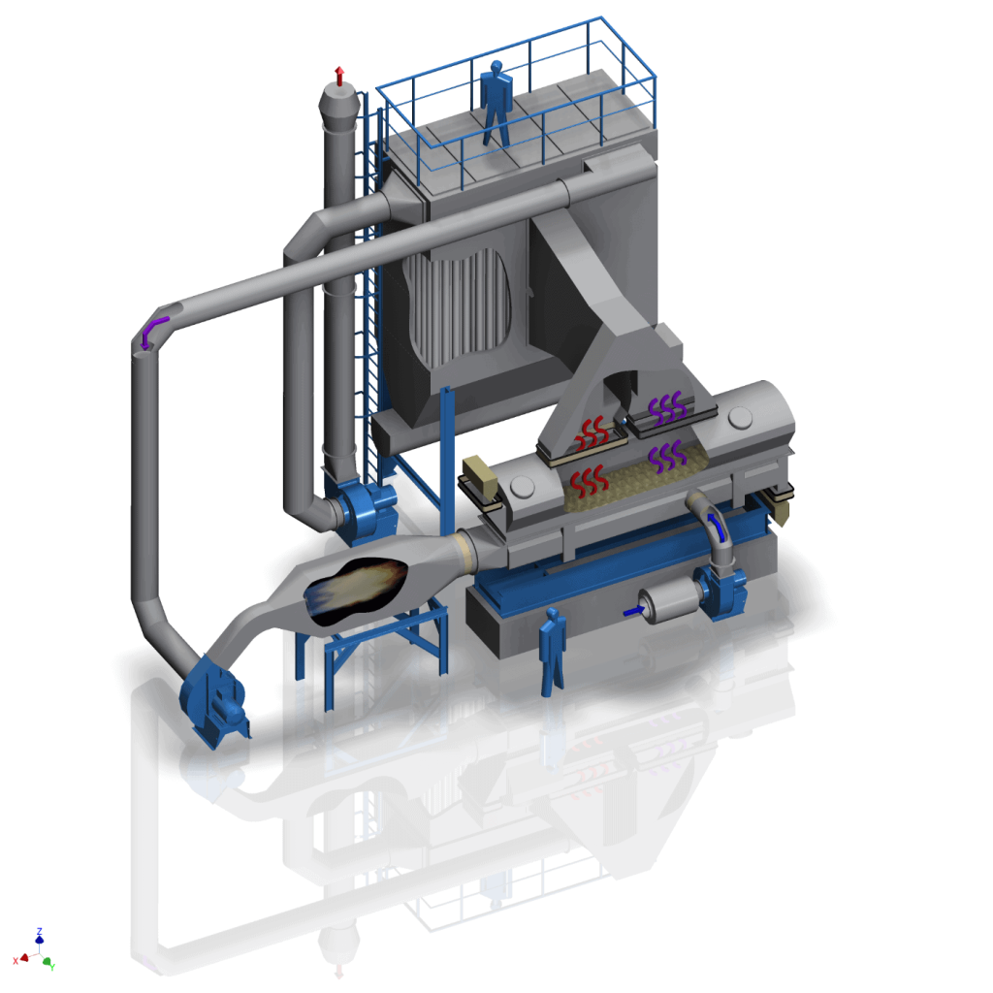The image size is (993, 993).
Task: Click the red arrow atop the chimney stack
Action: pyautogui.click(x=338, y=74)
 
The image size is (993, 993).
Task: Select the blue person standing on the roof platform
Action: pyautogui.click(x=496, y=103)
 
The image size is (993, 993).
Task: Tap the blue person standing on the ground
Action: pyautogui.click(x=553, y=651)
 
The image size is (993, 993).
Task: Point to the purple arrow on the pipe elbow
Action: pyautogui.click(x=152, y=330)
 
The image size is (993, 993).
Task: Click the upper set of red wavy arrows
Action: pyautogui.click(x=593, y=433)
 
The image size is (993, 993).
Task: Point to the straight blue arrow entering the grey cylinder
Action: pyautogui.click(x=631, y=610)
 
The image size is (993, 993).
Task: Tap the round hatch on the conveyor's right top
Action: pyautogui.click(x=740, y=418)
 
